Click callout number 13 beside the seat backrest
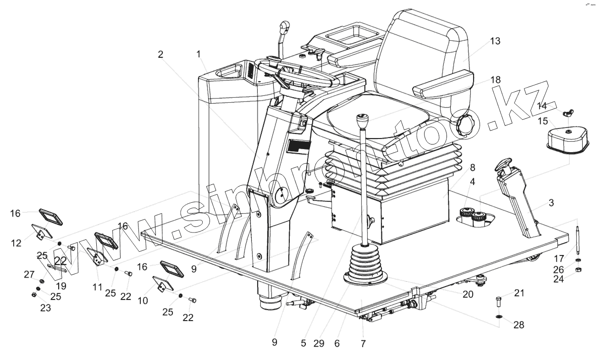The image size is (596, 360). click(x=495, y=41)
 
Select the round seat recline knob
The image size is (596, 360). click(x=464, y=125)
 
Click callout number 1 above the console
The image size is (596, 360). click(x=199, y=54)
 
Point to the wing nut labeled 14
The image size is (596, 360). click(x=564, y=111)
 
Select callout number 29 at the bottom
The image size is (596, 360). click(x=321, y=343)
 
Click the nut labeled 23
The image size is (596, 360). click(x=34, y=294)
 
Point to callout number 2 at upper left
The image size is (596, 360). click(x=160, y=54)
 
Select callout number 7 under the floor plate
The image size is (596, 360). click(x=364, y=343)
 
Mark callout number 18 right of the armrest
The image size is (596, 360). click(x=495, y=79)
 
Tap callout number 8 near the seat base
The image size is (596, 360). click(x=472, y=167)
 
